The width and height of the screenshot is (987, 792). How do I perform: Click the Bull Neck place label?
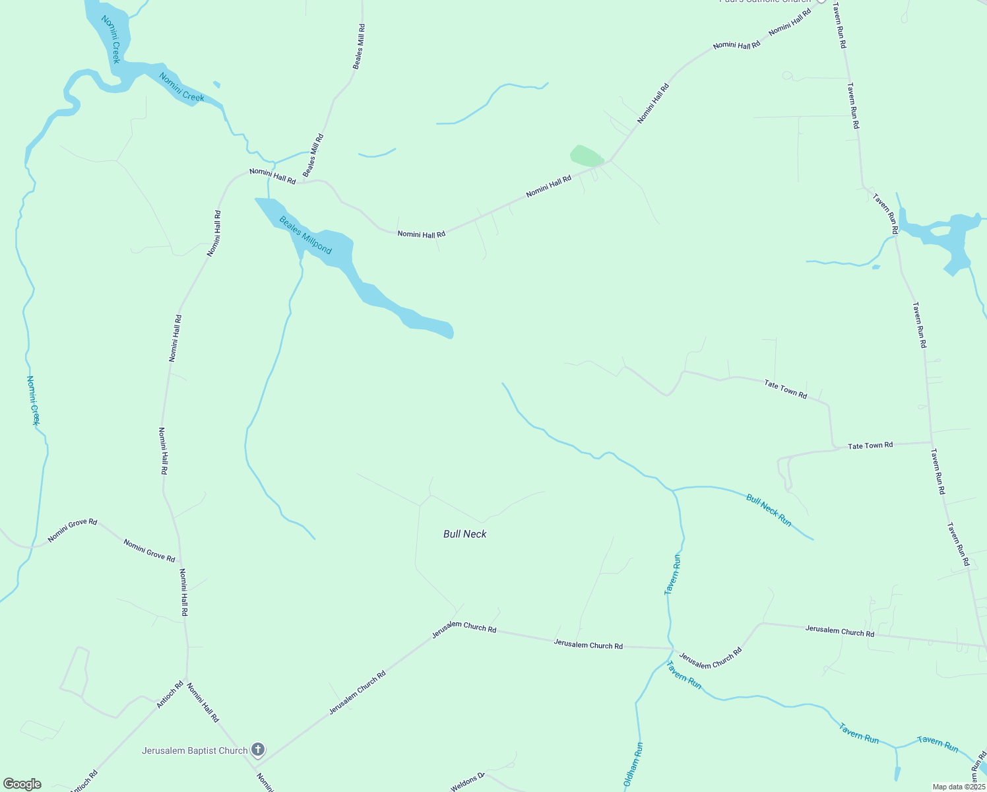click(464, 534)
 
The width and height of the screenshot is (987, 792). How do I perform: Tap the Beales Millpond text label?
click(305, 236)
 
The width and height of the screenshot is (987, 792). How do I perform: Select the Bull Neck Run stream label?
click(769, 510)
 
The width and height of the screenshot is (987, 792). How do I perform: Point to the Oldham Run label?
click(633, 766)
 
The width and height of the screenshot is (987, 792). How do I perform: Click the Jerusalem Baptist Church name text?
click(195, 750)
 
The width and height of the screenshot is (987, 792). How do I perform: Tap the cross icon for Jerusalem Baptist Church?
click(258, 750)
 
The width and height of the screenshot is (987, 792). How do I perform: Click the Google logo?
click(22, 784)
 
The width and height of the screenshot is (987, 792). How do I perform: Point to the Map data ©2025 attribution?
click(959, 787)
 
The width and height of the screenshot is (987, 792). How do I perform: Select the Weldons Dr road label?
click(468, 783)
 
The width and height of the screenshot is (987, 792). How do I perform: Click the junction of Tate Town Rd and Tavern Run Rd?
click(931, 442)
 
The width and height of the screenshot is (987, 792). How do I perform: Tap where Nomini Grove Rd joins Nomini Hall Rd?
click(179, 563)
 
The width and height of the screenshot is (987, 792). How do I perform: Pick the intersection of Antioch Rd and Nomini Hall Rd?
click(187, 681)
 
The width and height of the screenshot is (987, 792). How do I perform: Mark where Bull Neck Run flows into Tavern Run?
click(673, 491)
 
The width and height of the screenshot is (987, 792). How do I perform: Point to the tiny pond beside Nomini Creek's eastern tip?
click(216, 84)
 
